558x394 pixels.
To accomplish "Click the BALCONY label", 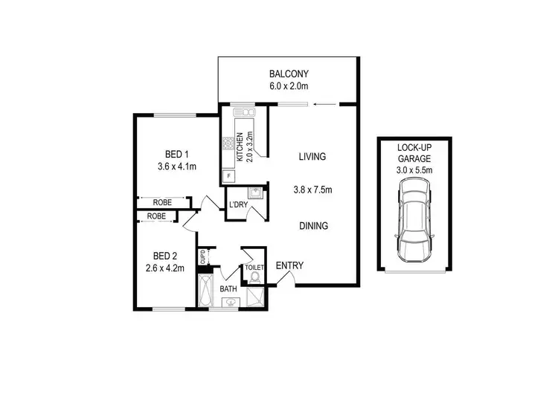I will point(288,74).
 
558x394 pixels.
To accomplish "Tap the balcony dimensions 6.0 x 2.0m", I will point(288,86).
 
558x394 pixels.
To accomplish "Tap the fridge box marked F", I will point(228,176).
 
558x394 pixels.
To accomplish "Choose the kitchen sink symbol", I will point(244,112).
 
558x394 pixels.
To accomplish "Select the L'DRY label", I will point(238,204).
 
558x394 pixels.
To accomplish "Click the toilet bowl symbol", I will point(253,278).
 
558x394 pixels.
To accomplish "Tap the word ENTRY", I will point(289,266).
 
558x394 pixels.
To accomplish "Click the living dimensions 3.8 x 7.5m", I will point(312,190).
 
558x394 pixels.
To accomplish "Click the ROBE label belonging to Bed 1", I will point(163,202).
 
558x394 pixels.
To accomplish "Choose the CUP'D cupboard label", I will point(202,256).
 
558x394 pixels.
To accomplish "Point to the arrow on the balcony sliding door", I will point(322,105).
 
